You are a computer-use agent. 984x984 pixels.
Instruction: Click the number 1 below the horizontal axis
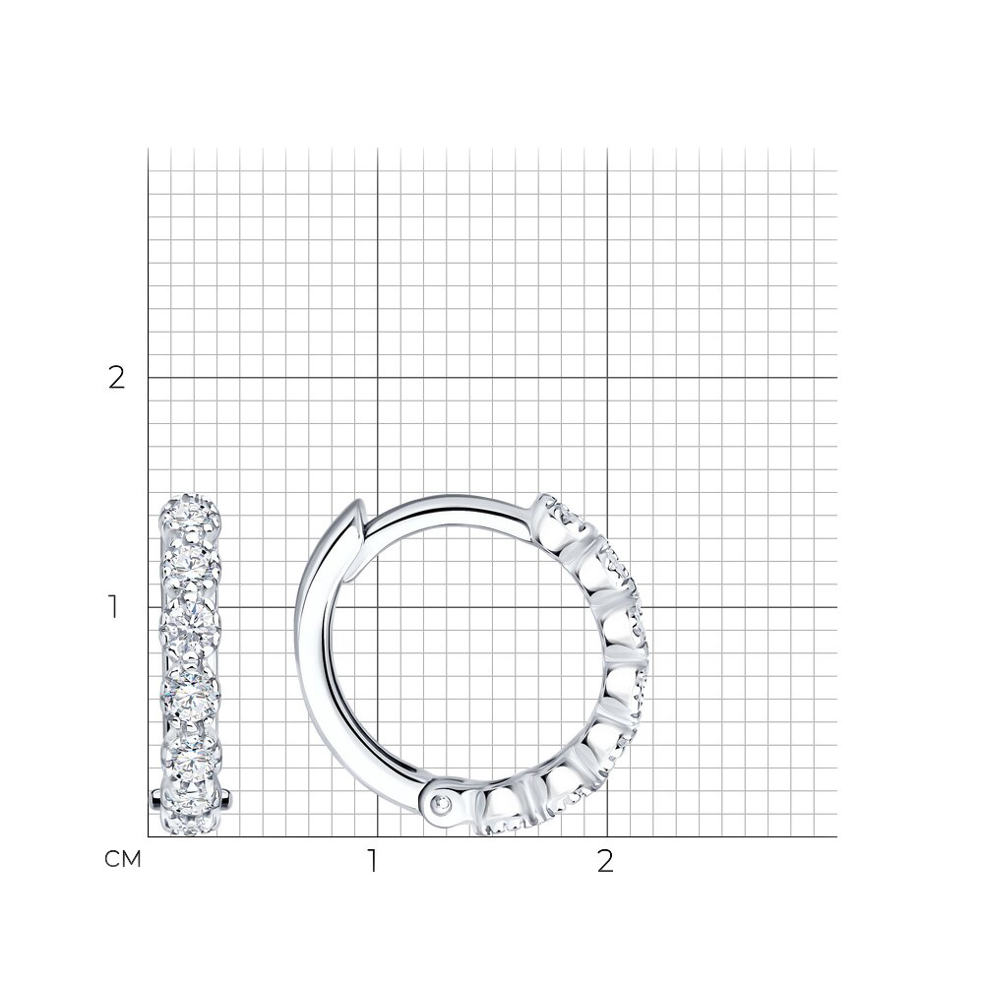coord(373,862)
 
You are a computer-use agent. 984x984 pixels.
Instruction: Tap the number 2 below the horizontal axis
coord(604,862)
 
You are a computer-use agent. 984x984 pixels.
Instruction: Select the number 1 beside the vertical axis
coord(113,607)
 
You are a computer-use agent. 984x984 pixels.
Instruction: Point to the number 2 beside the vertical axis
coord(117,378)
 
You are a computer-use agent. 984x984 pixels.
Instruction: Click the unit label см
coord(122,859)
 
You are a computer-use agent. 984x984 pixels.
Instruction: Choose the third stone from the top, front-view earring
coord(190,630)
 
